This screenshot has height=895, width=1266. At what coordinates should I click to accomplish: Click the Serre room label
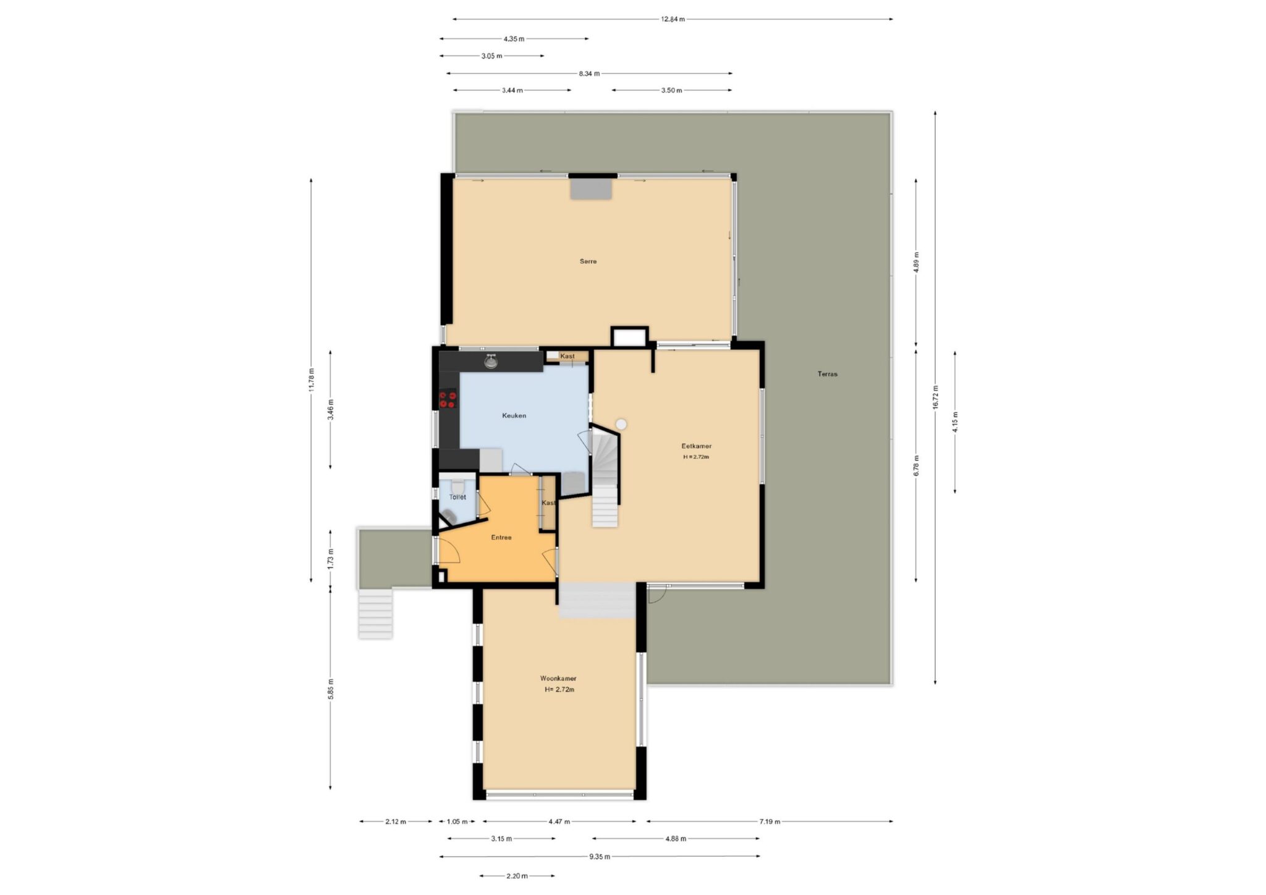click(x=588, y=261)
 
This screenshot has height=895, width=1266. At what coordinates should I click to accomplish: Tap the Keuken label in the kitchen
click(x=514, y=415)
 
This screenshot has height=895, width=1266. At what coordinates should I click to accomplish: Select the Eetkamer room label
click(x=696, y=446)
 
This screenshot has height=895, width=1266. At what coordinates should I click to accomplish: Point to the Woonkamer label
click(x=558, y=678)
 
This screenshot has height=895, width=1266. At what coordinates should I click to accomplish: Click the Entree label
click(x=501, y=537)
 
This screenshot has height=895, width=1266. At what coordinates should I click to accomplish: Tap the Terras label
click(x=827, y=374)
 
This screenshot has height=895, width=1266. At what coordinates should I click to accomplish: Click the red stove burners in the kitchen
click(x=448, y=400)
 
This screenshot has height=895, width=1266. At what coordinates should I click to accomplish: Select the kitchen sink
click(x=491, y=362)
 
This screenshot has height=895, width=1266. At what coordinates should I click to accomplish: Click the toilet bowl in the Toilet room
click(x=457, y=486)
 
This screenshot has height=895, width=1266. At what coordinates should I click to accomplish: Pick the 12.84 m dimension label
click(x=673, y=19)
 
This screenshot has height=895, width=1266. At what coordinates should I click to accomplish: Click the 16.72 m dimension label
click(x=935, y=397)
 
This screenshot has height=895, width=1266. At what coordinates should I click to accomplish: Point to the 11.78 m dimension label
click(x=311, y=379)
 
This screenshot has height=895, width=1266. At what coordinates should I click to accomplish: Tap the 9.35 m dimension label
click(x=599, y=857)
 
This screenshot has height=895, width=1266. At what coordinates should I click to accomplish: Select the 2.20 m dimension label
click(x=517, y=876)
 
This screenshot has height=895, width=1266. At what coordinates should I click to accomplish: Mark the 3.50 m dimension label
click(x=671, y=90)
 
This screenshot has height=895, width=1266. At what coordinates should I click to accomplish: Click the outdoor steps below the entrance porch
click(x=375, y=613)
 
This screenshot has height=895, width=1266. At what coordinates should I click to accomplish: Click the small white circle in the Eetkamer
click(x=621, y=424)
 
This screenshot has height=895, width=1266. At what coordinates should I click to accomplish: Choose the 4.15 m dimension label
click(x=955, y=422)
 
